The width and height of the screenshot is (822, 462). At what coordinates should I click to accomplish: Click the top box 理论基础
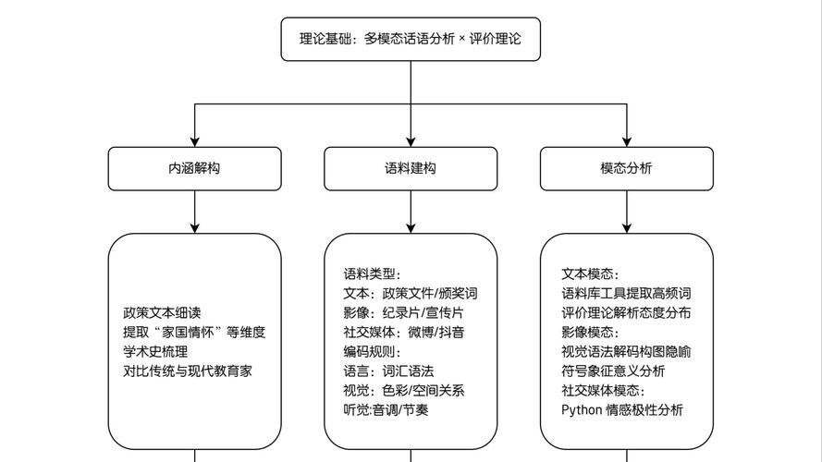tap(411, 39)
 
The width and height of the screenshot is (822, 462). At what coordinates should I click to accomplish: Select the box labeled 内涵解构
tap(194, 168)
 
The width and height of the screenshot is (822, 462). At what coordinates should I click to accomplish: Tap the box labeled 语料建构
tap(411, 168)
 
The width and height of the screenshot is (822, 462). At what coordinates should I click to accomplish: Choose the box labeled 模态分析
tap(626, 168)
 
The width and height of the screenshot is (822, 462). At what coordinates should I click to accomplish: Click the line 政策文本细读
tap(162, 312)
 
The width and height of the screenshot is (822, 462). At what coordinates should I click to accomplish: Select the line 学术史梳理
tap(155, 351)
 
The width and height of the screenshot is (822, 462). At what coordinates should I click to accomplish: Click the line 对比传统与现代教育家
tap(188, 371)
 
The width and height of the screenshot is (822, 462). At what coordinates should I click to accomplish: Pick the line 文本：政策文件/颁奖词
tap(411, 293)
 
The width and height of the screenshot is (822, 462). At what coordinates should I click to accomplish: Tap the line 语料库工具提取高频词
tap(626, 293)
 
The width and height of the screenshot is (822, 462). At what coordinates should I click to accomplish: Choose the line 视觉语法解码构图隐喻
tap(626, 351)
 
